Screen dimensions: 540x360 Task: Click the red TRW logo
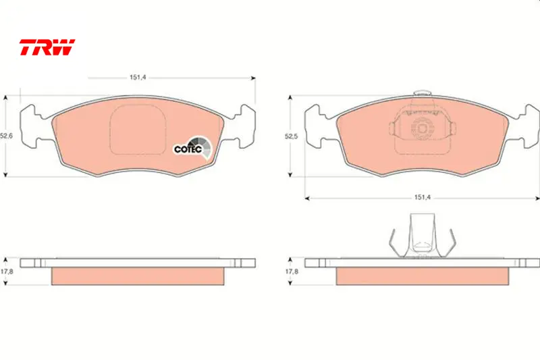(x=47, y=47)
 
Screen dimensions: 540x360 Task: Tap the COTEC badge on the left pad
(x=192, y=148)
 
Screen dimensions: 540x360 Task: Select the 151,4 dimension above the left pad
(x=138, y=78)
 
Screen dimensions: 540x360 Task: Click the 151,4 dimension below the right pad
(x=423, y=197)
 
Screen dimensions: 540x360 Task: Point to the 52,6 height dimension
(x=6, y=136)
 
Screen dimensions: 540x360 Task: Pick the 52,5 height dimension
(x=291, y=136)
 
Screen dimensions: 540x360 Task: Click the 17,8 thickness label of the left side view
(x=7, y=272)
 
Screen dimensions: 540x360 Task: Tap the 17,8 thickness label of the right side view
(x=292, y=272)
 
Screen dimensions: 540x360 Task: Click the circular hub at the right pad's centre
(x=423, y=128)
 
